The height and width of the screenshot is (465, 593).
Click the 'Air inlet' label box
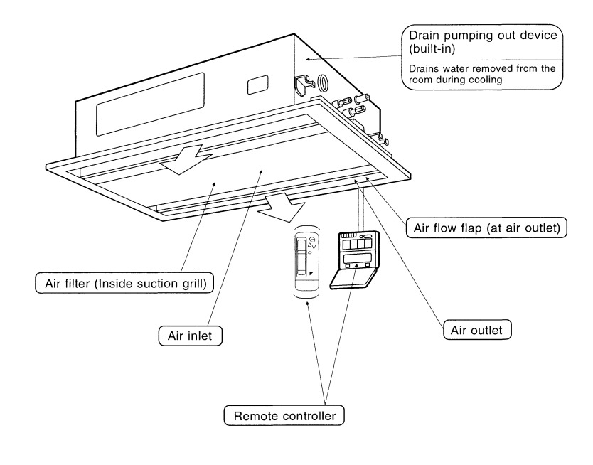[191, 336]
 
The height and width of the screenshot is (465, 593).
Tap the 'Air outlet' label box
[477, 330]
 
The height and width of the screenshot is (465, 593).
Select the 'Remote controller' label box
[284, 415]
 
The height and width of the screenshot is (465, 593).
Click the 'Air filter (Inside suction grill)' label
[124, 283]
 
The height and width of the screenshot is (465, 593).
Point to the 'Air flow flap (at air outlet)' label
[487, 228]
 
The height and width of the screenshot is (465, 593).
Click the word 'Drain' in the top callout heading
[424, 35]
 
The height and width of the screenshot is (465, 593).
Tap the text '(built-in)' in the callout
[432, 49]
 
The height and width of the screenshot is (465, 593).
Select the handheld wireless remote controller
[306, 264]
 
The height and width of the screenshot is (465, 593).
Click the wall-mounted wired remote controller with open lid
[354, 260]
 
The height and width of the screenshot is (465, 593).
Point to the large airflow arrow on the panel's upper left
[186, 161]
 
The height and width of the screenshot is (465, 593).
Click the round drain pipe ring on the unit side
[324, 82]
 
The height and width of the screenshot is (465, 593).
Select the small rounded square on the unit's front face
[258, 85]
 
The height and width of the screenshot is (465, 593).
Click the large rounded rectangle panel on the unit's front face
[150, 104]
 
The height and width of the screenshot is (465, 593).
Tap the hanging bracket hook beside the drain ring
[304, 85]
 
